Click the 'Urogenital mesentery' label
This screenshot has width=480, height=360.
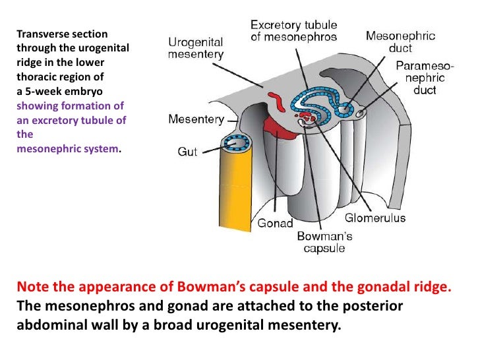tap(196, 48)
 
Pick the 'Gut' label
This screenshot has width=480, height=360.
tap(187, 152)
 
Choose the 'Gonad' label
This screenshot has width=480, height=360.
tap(275, 223)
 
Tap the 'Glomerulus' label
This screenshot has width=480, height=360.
tap(375, 218)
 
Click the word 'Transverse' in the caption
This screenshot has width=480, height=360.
tap(39, 34)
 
